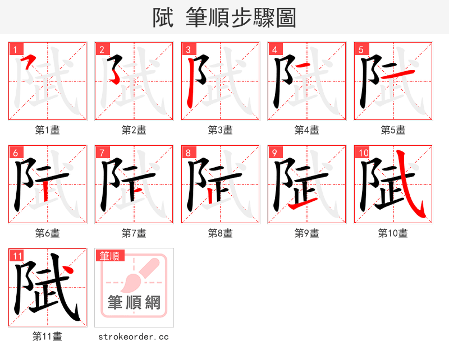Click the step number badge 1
tap(14, 49)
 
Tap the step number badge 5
tap(360, 49)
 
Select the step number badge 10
tap(362, 153)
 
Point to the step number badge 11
tap(16, 256)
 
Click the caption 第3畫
tap(220, 130)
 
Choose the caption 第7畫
tap(134, 233)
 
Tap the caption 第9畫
tap(306, 233)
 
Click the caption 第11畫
tap(47, 336)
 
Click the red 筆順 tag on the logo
tap(109, 256)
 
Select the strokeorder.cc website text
tap(134, 336)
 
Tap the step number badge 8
tap(187, 153)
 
